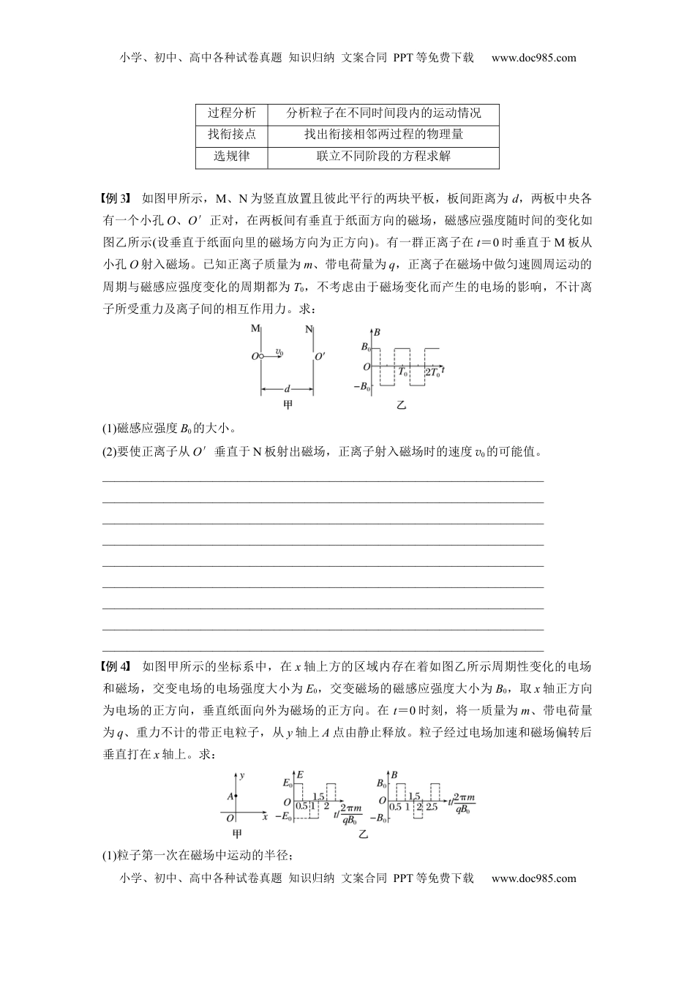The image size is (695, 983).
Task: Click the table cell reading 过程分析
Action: coord(232,113)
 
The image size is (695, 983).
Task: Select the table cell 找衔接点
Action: coord(232,135)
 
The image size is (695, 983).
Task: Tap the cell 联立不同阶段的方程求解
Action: coord(383,156)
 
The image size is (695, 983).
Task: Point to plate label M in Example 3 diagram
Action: coord(255,329)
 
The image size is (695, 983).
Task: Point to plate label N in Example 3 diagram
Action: coord(310,329)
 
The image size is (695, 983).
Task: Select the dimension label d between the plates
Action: coord(287,388)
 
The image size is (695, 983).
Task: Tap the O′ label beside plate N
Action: coord(320,357)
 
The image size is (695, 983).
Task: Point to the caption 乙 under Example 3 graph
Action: coord(401,404)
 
